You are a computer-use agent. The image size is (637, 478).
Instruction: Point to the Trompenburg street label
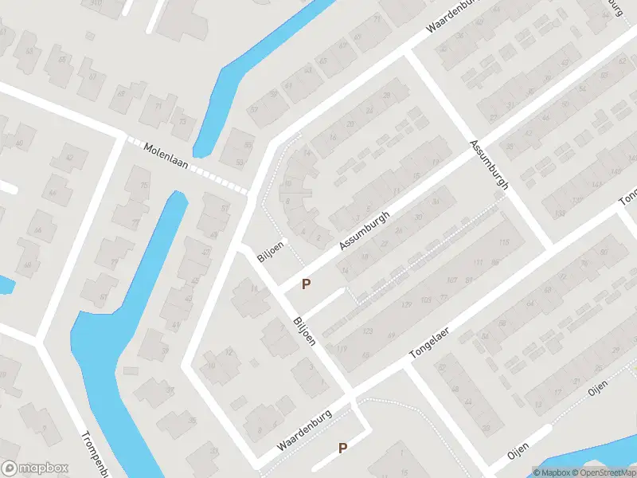point(96,453)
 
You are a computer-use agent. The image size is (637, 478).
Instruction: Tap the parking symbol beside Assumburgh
point(305,284)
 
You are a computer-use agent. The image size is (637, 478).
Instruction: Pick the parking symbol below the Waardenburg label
point(342,448)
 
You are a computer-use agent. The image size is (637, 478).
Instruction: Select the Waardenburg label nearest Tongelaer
point(304,431)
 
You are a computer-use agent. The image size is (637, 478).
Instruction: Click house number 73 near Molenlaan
point(182,122)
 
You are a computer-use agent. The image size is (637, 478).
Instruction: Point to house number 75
point(144,186)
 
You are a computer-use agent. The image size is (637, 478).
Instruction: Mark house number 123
point(367,331)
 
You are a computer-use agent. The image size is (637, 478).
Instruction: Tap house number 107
point(451,280)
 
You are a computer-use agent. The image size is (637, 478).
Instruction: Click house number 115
point(502,242)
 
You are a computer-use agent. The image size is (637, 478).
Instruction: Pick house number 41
point(175,325)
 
